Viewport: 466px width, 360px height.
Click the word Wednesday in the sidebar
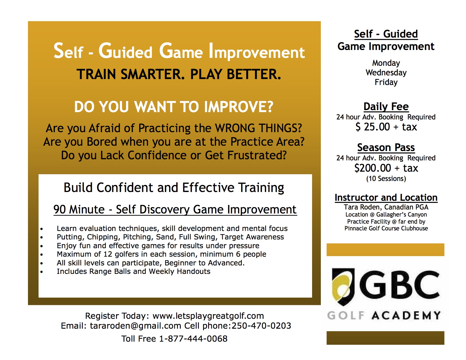386,73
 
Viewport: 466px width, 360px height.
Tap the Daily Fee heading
386,106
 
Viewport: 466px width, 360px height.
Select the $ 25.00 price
373,127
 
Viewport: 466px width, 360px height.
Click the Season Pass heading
386,147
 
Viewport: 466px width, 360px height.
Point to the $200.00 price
373,168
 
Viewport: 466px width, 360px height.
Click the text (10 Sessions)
386,179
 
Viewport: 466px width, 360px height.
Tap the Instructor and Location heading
386,197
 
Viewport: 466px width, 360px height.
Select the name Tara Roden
362,207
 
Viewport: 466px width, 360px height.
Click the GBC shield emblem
343,286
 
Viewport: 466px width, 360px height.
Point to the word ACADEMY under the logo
406,316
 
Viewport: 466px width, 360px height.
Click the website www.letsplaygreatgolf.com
208,316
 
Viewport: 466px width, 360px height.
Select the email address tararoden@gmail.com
136,326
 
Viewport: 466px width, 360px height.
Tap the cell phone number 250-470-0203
262,326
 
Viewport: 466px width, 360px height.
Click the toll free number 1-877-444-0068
193,339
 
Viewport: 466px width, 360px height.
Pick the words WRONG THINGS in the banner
258,128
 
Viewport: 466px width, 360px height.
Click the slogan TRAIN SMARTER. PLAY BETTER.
179,74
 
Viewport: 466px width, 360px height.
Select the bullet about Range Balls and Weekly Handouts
133,271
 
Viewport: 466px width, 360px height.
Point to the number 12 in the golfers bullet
108,254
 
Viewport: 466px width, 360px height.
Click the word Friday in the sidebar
386,82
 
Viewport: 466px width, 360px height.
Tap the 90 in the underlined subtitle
60,210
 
